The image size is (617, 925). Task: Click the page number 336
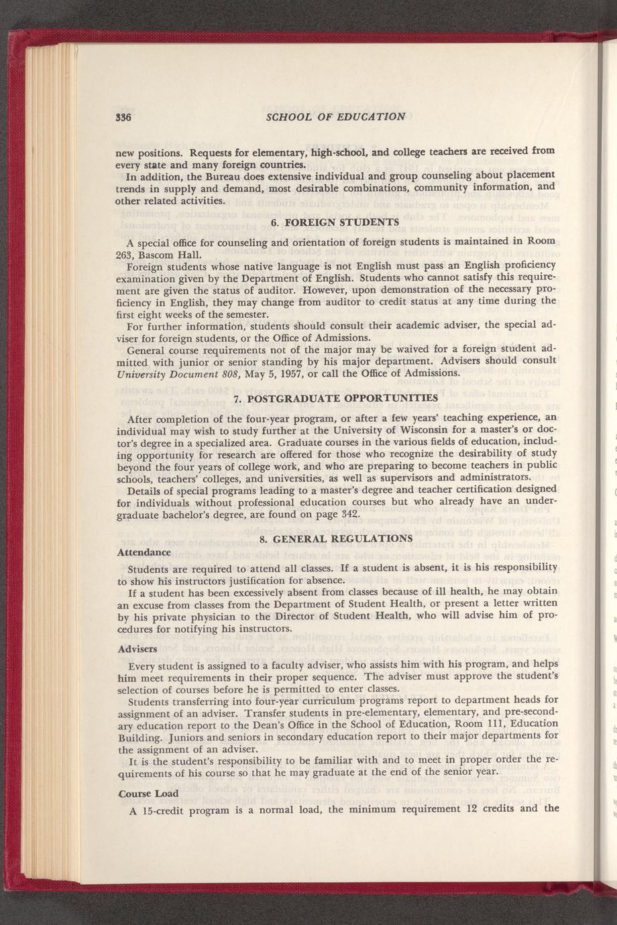(122, 117)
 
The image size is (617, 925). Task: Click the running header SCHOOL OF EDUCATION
(335, 117)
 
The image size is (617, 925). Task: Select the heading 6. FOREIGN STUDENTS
(335, 222)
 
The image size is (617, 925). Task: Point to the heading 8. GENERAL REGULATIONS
(335, 538)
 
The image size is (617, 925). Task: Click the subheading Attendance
(144, 552)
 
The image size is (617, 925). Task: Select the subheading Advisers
(137, 650)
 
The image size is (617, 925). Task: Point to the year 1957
(273, 373)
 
